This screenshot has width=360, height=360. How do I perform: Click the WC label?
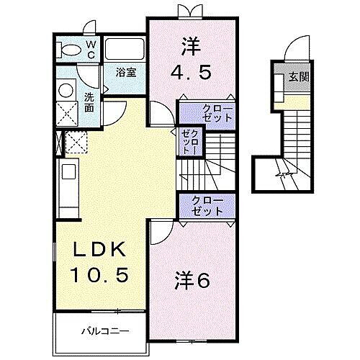click(x=91, y=48)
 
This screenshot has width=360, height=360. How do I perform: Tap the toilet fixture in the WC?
click(x=71, y=49)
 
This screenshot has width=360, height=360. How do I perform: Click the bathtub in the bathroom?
click(x=125, y=49)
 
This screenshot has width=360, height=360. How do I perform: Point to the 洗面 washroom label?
click(x=89, y=102)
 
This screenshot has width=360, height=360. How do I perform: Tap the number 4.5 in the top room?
click(x=193, y=73)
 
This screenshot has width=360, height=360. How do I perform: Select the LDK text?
click(x=102, y=250)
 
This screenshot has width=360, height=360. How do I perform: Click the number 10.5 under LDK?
click(x=102, y=275)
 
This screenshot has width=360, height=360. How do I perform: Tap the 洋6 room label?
click(x=192, y=280)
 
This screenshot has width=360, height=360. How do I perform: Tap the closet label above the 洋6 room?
click(x=207, y=205)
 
